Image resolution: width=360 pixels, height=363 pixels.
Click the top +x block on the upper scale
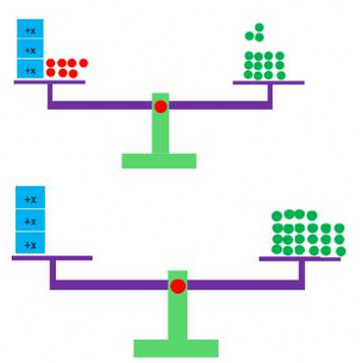(30, 29)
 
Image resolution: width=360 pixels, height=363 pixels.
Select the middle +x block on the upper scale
(30, 49)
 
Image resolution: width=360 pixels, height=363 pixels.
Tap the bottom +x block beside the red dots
(30, 69)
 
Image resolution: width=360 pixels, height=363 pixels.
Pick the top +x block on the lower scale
(30, 197)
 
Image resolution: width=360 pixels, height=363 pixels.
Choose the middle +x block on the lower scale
(30, 220)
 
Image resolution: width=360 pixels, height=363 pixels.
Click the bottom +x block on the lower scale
(30, 242)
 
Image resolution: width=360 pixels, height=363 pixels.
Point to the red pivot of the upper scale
(161, 107)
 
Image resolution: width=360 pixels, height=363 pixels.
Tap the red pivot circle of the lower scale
(179, 286)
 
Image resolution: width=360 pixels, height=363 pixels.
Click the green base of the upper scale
(159, 161)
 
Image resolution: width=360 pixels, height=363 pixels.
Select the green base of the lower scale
(176, 348)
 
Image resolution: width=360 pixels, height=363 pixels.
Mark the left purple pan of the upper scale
(49, 82)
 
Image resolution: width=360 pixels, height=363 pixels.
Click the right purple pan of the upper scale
(269, 82)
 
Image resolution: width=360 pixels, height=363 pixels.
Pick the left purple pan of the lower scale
(52, 258)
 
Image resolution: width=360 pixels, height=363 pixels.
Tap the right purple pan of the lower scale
(300, 259)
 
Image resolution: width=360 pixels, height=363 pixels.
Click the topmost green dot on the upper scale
(259, 27)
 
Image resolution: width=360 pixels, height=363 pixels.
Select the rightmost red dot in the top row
(83, 63)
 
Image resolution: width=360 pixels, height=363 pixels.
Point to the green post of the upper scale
(161, 124)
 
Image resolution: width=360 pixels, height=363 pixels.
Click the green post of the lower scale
(178, 305)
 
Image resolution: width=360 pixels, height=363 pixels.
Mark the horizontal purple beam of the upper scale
(160, 105)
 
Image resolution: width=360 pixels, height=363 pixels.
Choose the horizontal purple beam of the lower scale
(178, 285)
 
